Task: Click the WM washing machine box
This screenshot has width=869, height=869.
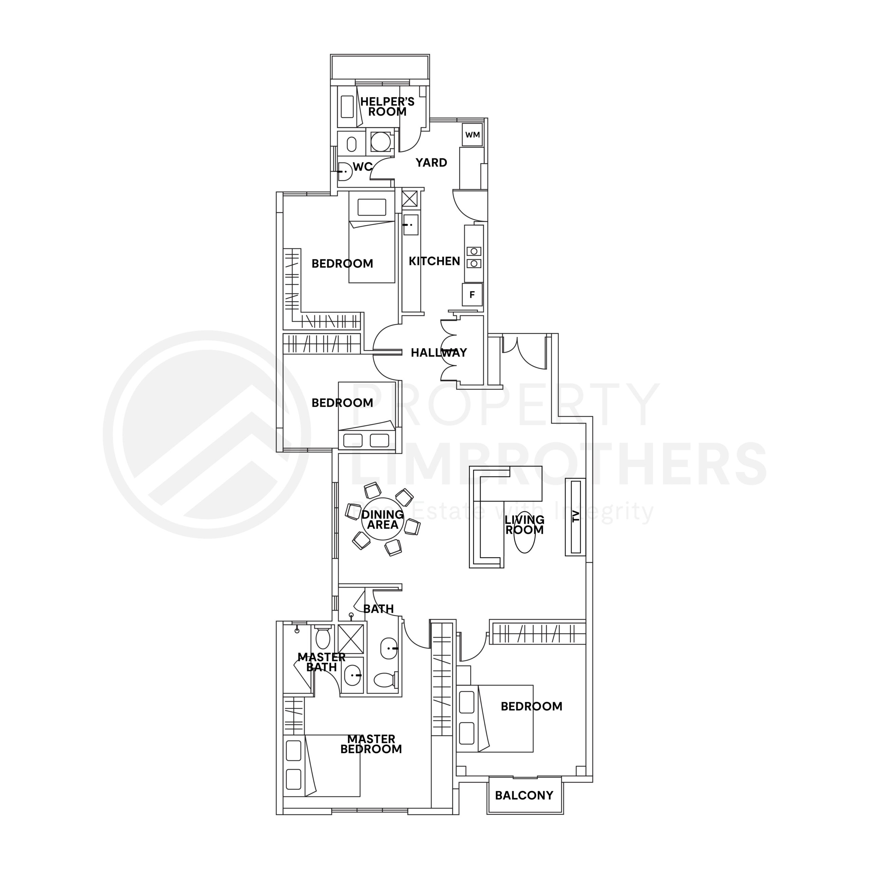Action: (x=472, y=134)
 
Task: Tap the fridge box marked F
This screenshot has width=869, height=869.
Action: (x=472, y=295)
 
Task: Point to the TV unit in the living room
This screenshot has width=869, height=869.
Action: (x=575, y=517)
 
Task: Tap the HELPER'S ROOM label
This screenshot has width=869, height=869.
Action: (x=387, y=107)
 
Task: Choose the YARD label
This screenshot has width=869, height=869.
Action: (x=431, y=163)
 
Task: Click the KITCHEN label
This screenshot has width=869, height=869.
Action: (x=434, y=261)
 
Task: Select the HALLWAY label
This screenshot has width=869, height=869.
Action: (x=439, y=353)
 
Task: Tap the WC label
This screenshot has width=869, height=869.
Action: (x=363, y=167)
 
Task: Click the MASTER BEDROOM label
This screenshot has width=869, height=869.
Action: (x=371, y=744)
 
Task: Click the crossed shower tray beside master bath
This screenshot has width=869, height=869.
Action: (x=351, y=639)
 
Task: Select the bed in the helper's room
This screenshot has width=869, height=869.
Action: (x=348, y=107)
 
